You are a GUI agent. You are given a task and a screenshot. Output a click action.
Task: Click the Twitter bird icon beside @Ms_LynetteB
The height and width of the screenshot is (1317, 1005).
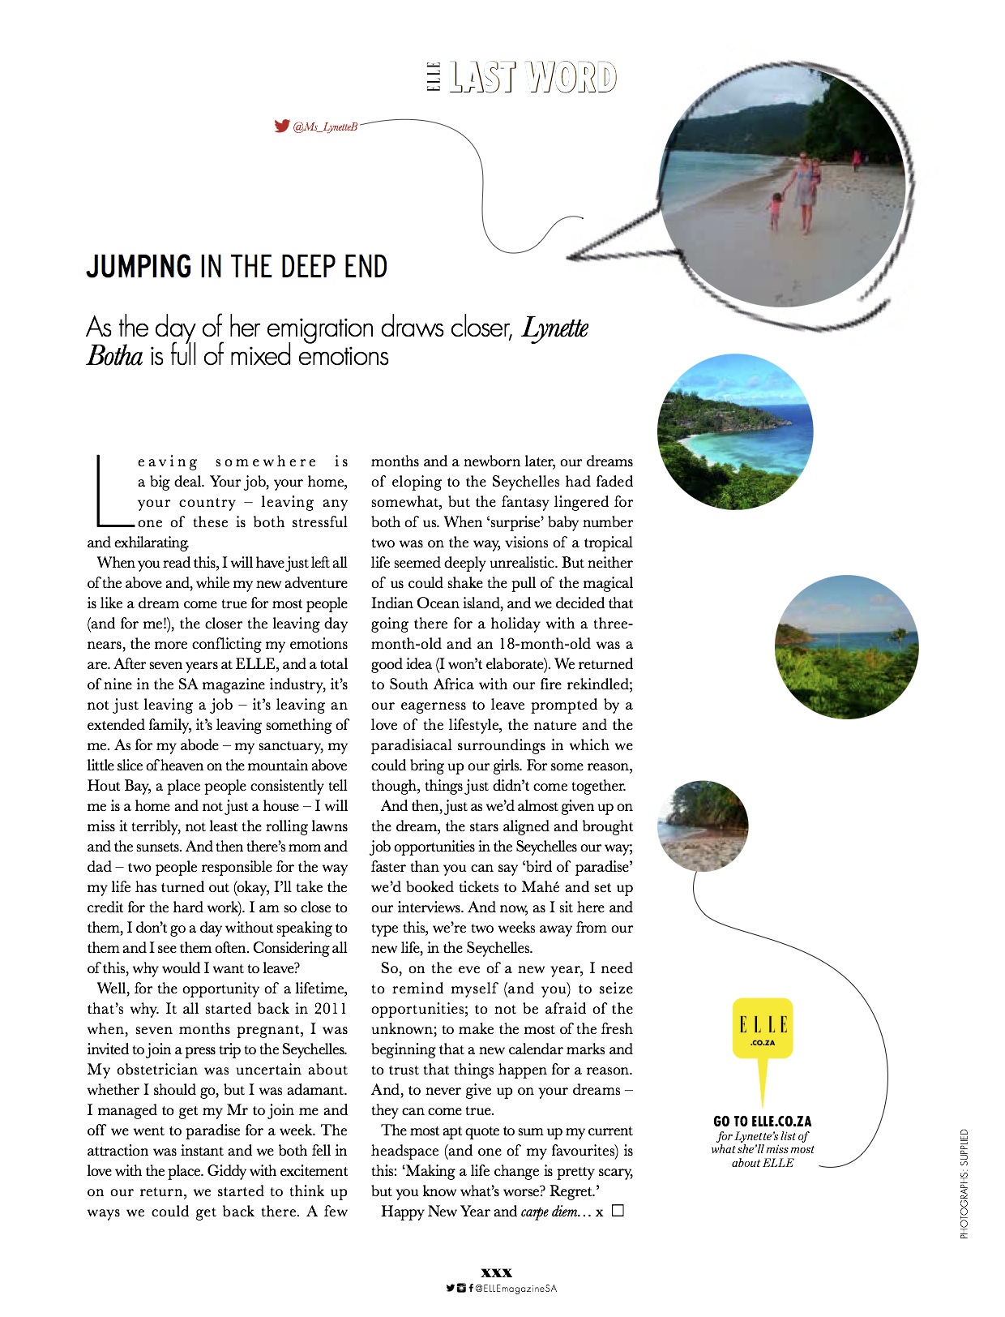281,126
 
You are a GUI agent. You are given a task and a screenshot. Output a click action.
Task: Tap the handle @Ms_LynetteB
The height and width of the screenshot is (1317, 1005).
324,127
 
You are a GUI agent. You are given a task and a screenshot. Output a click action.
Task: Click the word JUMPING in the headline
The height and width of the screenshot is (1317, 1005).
139,267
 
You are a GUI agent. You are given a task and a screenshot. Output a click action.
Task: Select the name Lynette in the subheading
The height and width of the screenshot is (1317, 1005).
555,328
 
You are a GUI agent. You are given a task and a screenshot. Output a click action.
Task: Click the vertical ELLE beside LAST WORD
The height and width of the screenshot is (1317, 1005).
434,76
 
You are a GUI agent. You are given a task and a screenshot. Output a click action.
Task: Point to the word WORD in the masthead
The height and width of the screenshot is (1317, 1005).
571,77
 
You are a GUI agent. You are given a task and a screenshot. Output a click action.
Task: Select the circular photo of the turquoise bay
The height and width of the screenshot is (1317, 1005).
734,431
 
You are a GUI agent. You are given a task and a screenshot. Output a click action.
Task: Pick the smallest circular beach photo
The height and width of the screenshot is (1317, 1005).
703,826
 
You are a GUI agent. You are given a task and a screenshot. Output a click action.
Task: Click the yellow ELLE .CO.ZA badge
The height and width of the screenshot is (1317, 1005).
763,1027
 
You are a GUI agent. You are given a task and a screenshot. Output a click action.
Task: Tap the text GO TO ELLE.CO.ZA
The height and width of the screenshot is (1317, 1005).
762,1121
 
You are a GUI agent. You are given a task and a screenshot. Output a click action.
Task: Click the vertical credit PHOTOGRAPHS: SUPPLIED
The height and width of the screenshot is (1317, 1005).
964,1184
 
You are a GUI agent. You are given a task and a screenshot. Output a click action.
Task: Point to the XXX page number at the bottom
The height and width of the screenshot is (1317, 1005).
496,1273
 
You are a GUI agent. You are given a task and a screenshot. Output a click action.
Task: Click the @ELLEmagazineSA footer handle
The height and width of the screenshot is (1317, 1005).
515,1288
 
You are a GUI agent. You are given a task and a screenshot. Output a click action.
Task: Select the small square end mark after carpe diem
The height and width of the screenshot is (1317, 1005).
618,1211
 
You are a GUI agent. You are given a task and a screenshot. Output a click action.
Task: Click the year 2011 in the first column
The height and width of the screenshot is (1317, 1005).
330,1009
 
